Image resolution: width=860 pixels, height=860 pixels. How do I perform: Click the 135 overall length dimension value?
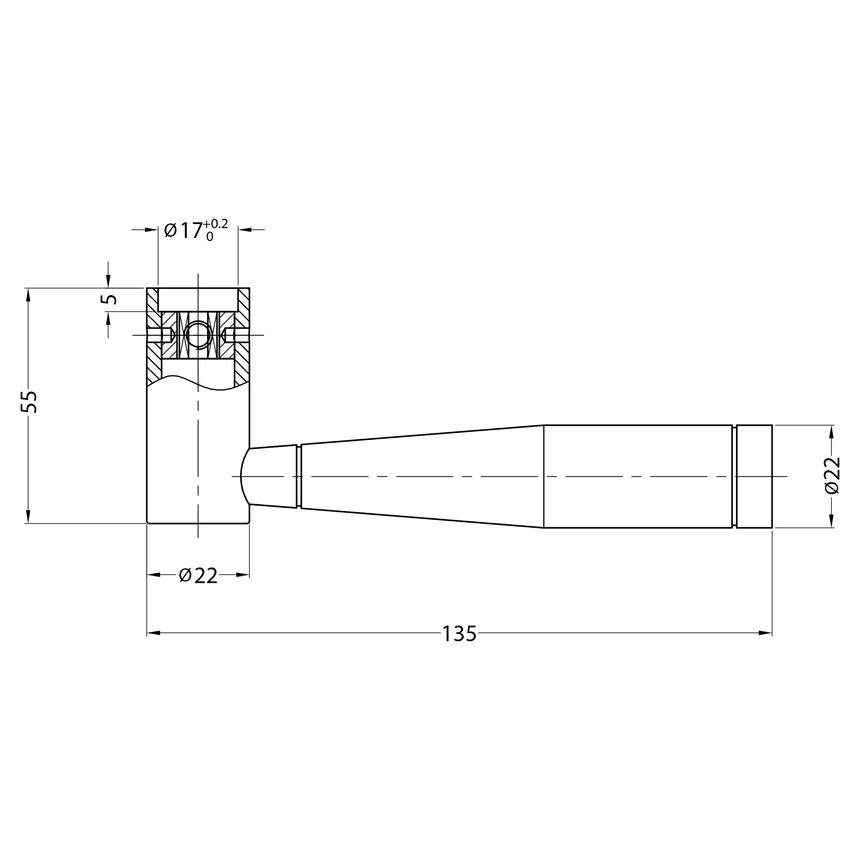click(459, 634)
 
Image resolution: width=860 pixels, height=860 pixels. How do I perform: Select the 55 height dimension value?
click(29, 402)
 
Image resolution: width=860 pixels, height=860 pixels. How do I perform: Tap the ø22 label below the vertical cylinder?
click(198, 576)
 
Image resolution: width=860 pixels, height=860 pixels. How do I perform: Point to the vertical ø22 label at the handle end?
click(832, 475)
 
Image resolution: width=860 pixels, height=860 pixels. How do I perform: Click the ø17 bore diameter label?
click(183, 230)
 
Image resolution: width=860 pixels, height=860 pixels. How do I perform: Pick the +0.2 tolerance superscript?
click(215, 224)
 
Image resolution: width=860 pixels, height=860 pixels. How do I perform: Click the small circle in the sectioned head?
click(198, 335)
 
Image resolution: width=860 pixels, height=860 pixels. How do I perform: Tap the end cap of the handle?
click(754, 476)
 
